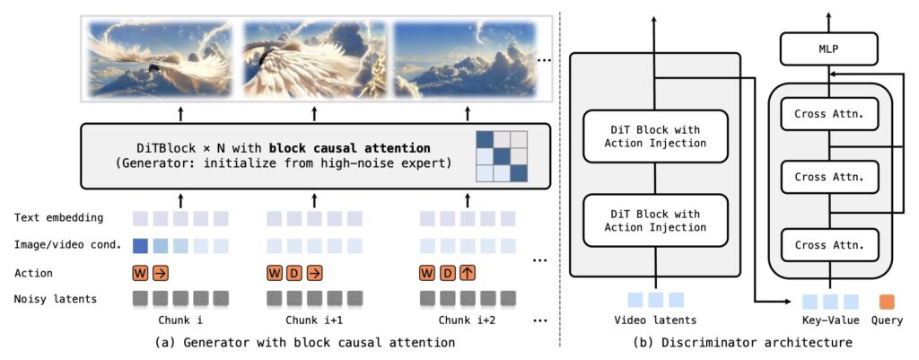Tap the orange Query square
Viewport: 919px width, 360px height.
click(886, 301)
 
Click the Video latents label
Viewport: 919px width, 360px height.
click(654, 320)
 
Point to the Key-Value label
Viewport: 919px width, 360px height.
click(830, 320)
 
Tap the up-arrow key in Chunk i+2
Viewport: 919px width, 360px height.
click(468, 273)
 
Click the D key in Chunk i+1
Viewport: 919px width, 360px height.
click(293, 273)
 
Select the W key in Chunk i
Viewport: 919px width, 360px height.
click(140, 273)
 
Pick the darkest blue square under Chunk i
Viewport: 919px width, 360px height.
click(140, 245)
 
